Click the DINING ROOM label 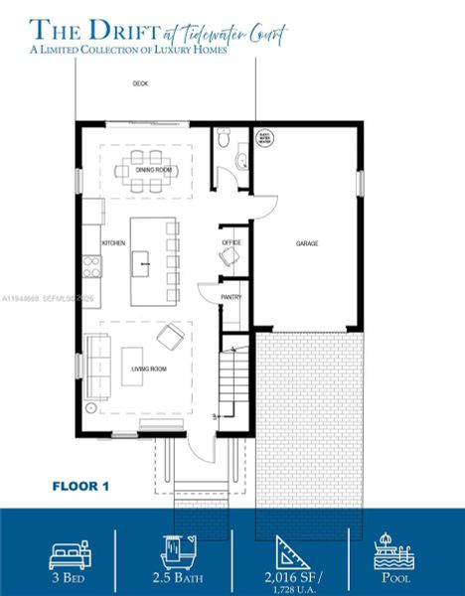point(154,170)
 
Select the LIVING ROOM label point(151,369)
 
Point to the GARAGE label point(307,243)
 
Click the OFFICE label point(231,241)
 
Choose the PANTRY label point(231,295)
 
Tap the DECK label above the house point(140,83)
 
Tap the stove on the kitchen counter point(91,265)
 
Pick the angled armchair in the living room point(169,338)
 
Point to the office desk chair point(230,257)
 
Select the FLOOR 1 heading point(80,486)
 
